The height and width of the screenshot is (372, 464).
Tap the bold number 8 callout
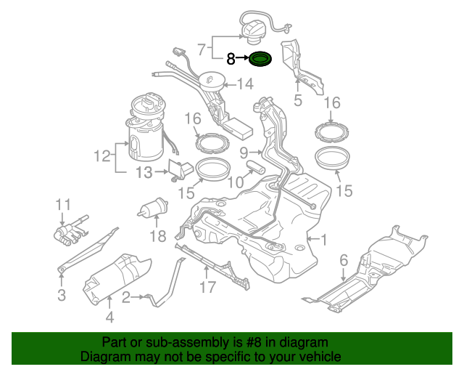[x=231, y=60]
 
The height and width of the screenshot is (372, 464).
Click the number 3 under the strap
[x=62, y=295]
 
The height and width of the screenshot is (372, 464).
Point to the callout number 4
[x=109, y=317]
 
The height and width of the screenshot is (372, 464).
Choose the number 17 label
[x=207, y=287]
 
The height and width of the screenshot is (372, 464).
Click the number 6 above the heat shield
[x=344, y=260]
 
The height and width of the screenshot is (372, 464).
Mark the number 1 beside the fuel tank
[x=323, y=239]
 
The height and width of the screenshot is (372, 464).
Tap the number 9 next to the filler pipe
[x=244, y=152]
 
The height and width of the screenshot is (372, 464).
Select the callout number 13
[x=145, y=172]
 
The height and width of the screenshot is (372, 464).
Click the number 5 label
[x=297, y=101]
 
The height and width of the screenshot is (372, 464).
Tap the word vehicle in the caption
[x=320, y=357]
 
